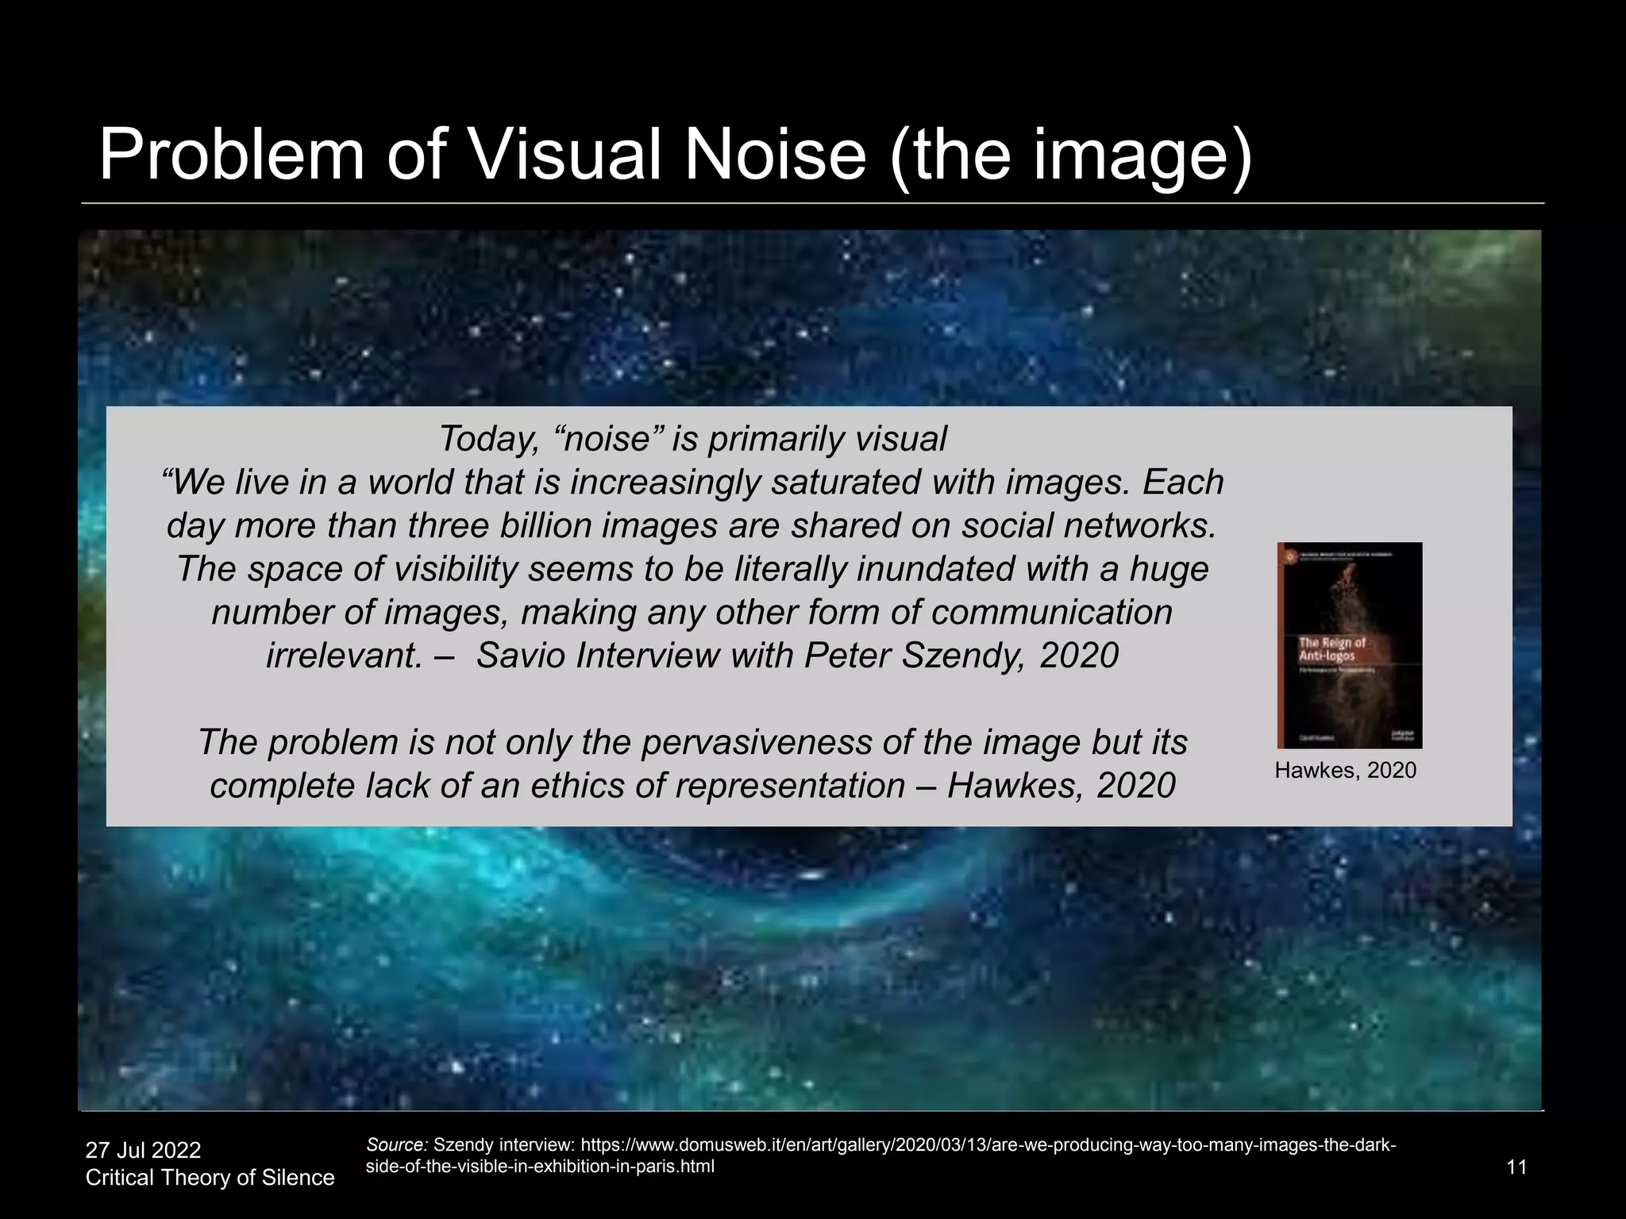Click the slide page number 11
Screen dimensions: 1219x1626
[1516, 1167]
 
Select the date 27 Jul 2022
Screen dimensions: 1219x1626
[144, 1150]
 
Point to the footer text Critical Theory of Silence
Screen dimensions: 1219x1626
[210, 1178]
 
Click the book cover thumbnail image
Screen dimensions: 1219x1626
[1349, 645]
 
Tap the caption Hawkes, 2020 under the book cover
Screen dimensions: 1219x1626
[1345, 771]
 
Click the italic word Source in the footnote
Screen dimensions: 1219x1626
[396, 1145]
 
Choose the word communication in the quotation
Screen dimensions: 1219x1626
[1051, 612]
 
